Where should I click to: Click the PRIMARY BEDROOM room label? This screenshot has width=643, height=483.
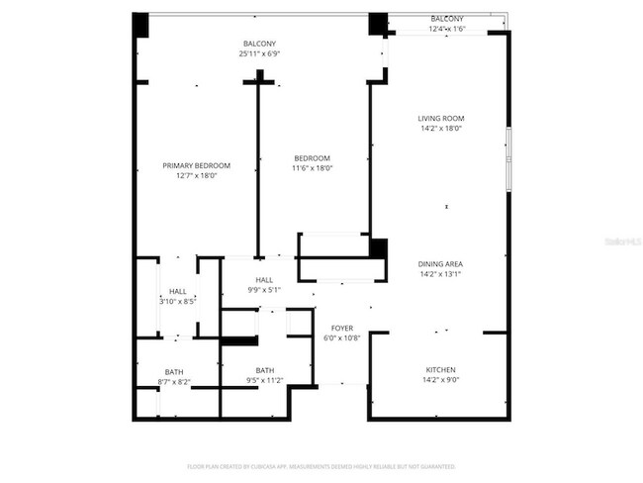click(196, 165)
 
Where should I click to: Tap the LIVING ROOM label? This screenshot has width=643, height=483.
click(441, 119)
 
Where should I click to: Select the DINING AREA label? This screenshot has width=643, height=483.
click(441, 264)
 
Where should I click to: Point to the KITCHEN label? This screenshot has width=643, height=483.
click(441, 369)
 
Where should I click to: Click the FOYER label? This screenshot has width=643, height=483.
click(342, 327)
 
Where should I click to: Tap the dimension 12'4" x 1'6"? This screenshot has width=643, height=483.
click(446, 30)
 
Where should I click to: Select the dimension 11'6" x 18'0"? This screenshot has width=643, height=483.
click(312, 168)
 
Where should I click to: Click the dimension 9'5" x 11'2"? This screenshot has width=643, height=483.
click(265, 381)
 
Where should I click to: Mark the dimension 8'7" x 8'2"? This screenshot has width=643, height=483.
click(174, 382)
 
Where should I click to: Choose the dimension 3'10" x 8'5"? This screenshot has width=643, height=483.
click(178, 301)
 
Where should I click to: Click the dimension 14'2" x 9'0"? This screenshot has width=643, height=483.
click(441, 379)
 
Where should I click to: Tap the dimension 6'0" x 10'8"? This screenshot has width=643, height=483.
click(342, 338)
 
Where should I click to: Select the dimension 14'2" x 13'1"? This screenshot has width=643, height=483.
click(441, 274)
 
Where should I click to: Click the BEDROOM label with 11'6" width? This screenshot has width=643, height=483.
click(312, 158)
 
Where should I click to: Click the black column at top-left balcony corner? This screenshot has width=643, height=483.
click(140, 24)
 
